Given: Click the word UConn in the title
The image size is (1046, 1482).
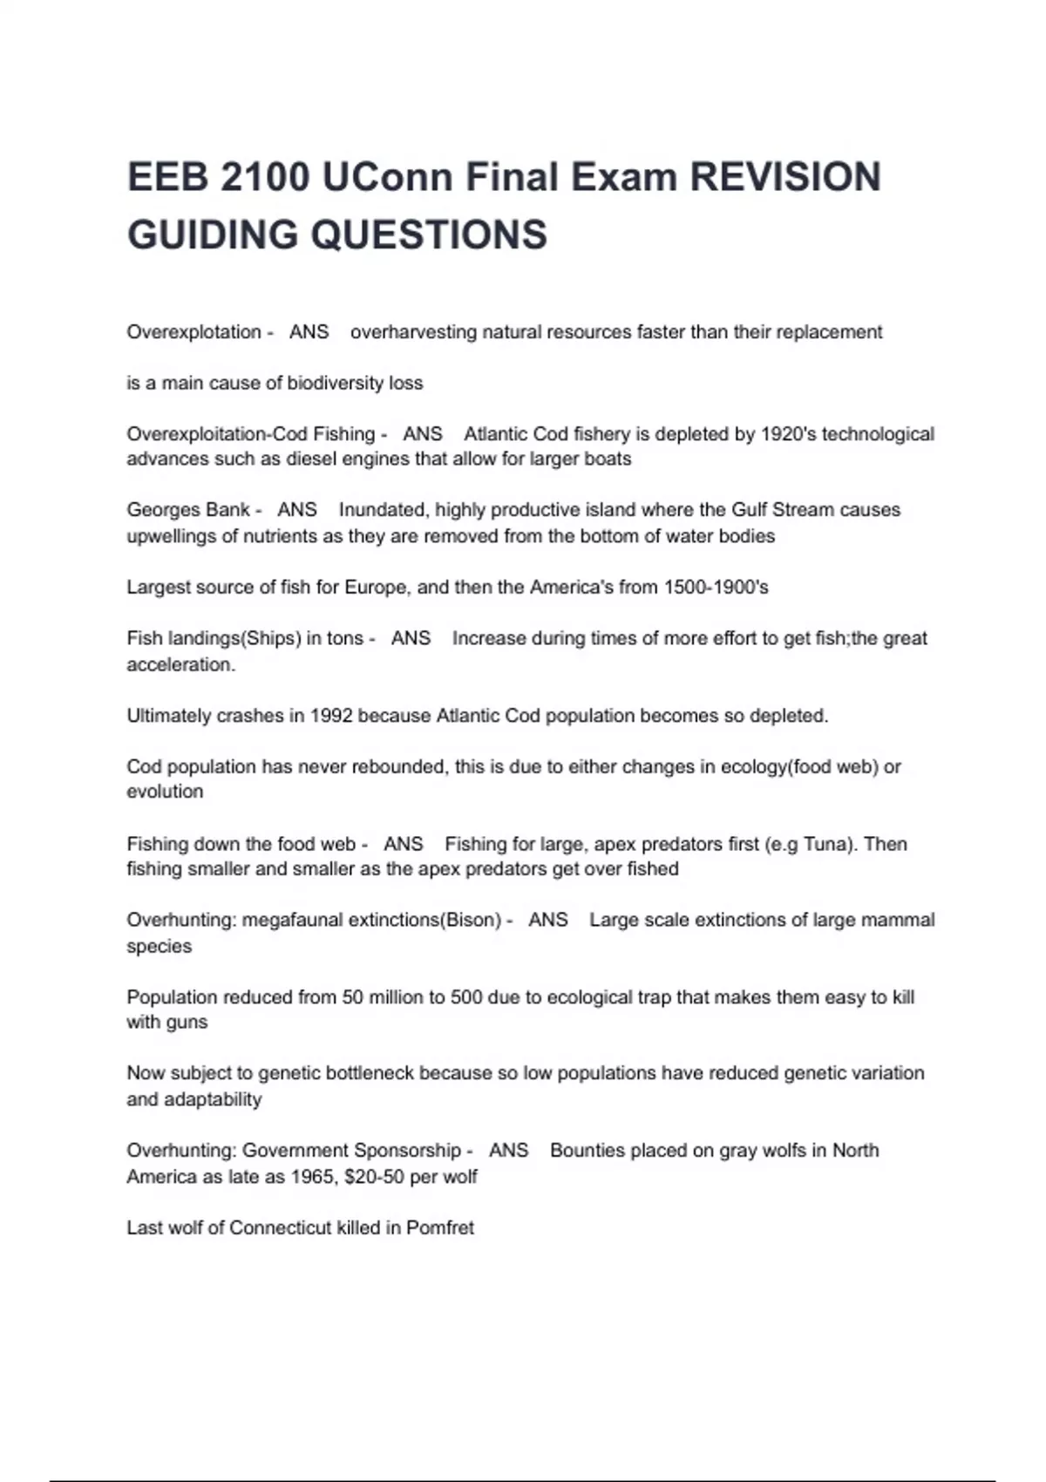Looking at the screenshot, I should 386,177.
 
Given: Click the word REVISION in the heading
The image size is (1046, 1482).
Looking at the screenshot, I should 785,177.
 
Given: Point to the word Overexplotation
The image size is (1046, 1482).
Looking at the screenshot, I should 194,332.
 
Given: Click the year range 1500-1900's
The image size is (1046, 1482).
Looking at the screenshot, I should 716,588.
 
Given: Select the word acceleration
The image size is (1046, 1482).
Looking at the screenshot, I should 180,664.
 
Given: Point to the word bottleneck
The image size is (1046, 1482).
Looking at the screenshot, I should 370,1073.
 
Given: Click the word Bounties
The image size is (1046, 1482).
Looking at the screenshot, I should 588,1151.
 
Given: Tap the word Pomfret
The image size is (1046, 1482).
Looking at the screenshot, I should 440,1227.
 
